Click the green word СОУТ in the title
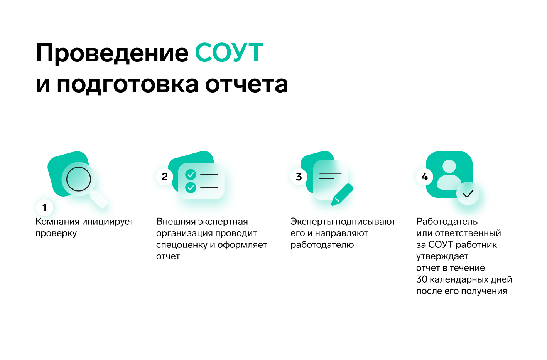tap(229, 52)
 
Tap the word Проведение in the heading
tap(112, 53)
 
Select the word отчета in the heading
tap(246, 84)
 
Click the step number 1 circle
tap(44, 208)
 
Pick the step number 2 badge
tap(165, 177)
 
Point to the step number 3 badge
tap(299, 177)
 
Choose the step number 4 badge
tap(425, 177)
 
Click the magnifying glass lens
tap(79, 179)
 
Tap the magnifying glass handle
tap(98, 199)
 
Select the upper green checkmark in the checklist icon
tap(191, 175)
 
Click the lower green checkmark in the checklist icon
tap(191, 187)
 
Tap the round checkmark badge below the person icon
tap(468, 193)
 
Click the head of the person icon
tap(449, 167)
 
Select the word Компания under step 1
tap(57, 222)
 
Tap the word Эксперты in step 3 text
tap(312, 222)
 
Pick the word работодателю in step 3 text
tap(322, 245)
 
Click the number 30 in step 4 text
tap(422, 279)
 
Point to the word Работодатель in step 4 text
tap(447, 222)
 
